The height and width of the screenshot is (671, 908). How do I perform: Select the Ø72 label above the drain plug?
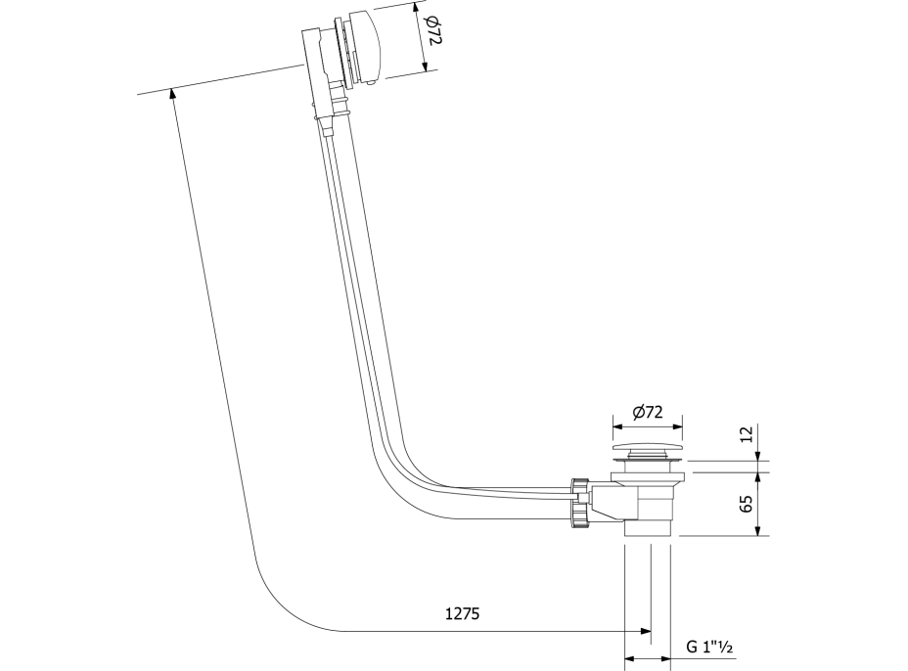click(x=647, y=413)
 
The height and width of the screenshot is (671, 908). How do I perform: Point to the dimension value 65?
click(x=747, y=505)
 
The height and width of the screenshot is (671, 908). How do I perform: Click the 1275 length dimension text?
click(x=462, y=614)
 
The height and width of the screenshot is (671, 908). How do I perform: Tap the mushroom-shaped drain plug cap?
click(x=649, y=448)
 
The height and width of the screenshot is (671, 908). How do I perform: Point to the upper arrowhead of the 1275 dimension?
click(x=174, y=95)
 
